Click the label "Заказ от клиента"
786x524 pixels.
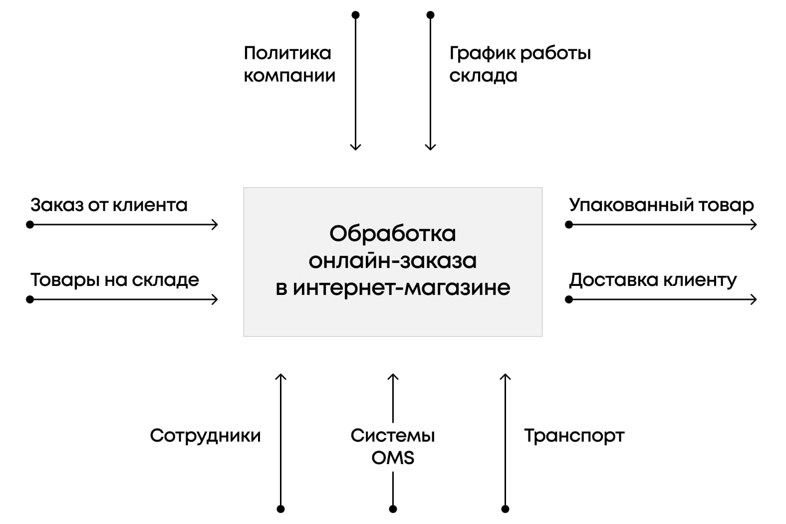click(x=109, y=205)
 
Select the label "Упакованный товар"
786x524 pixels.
click(x=661, y=205)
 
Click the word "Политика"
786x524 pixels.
click(x=287, y=53)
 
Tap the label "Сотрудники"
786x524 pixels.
click(x=205, y=436)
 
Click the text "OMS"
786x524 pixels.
click(x=393, y=458)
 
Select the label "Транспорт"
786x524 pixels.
click(x=574, y=436)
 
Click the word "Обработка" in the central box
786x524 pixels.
click(x=393, y=234)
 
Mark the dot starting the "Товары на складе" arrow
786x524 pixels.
click(x=30, y=299)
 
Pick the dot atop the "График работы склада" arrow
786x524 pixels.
click(x=431, y=15)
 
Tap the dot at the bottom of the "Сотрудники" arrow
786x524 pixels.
click(x=280, y=509)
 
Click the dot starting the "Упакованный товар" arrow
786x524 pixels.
click(x=569, y=225)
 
